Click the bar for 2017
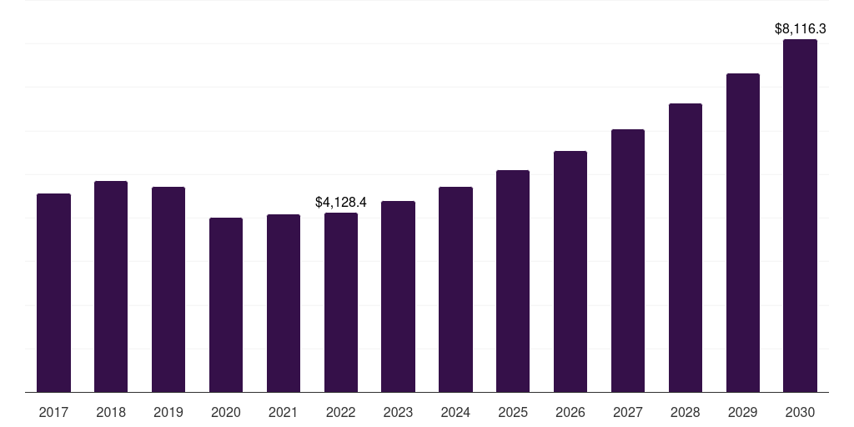53,293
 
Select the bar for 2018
111,287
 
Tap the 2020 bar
226,305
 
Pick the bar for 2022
341,302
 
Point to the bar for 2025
513,281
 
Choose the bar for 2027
628,261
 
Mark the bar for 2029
743,233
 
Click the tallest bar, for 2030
800,216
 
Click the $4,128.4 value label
341,203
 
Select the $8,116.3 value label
800,29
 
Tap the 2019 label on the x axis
168,412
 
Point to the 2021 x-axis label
284,412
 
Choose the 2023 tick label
398,412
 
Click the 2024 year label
455,412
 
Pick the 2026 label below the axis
570,412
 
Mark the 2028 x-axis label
686,412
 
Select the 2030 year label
800,412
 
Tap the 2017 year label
53,412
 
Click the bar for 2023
398,297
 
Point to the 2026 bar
570,272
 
